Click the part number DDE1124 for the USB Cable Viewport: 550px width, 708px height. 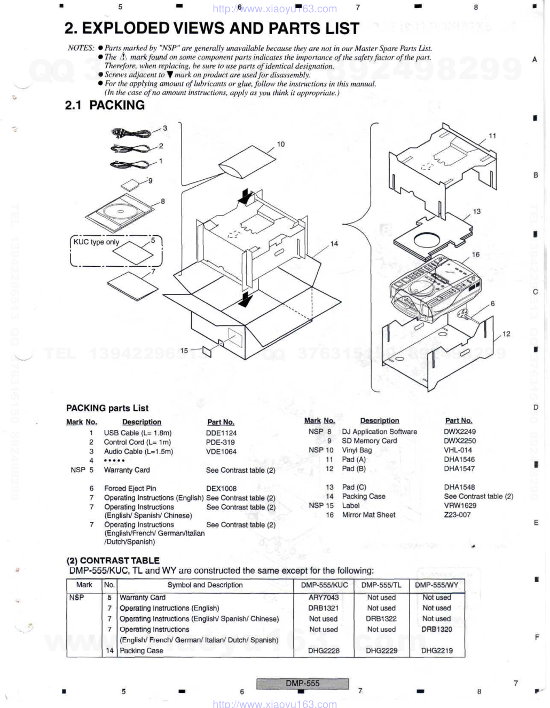pyautogui.click(x=221, y=433)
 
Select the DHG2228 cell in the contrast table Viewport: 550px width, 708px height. pyautogui.click(x=324, y=651)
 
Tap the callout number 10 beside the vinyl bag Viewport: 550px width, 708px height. pyautogui.click(x=281, y=144)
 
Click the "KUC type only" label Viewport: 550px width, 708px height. pyautogui.click(x=96, y=242)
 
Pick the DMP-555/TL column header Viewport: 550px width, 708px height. pyautogui.click(x=381, y=585)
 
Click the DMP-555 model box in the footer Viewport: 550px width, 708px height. pyautogui.click(x=302, y=683)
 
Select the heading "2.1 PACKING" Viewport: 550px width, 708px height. pyautogui.click(x=105, y=105)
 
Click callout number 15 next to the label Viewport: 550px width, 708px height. pyautogui.click(x=184, y=351)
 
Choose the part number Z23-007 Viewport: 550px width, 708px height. pyautogui.click(x=457, y=515)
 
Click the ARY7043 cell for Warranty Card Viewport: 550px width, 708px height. pyautogui.click(x=324, y=598)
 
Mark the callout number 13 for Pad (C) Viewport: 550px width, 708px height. pyautogui.click(x=477, y=211)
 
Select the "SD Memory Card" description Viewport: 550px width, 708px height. pyautogui.click(x=370, y=441)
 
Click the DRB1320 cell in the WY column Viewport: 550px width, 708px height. pyautogui.click(x=436, y=630)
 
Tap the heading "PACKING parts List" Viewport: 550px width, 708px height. pyautogui.click(x=107, y=408)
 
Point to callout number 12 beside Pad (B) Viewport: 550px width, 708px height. pyautogui.click(x=506, y=334)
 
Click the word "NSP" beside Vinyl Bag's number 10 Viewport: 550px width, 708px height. pyautogui.click(x=316, y=450)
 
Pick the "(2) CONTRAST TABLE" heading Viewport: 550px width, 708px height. pyautogui.click(x=113, y=560)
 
